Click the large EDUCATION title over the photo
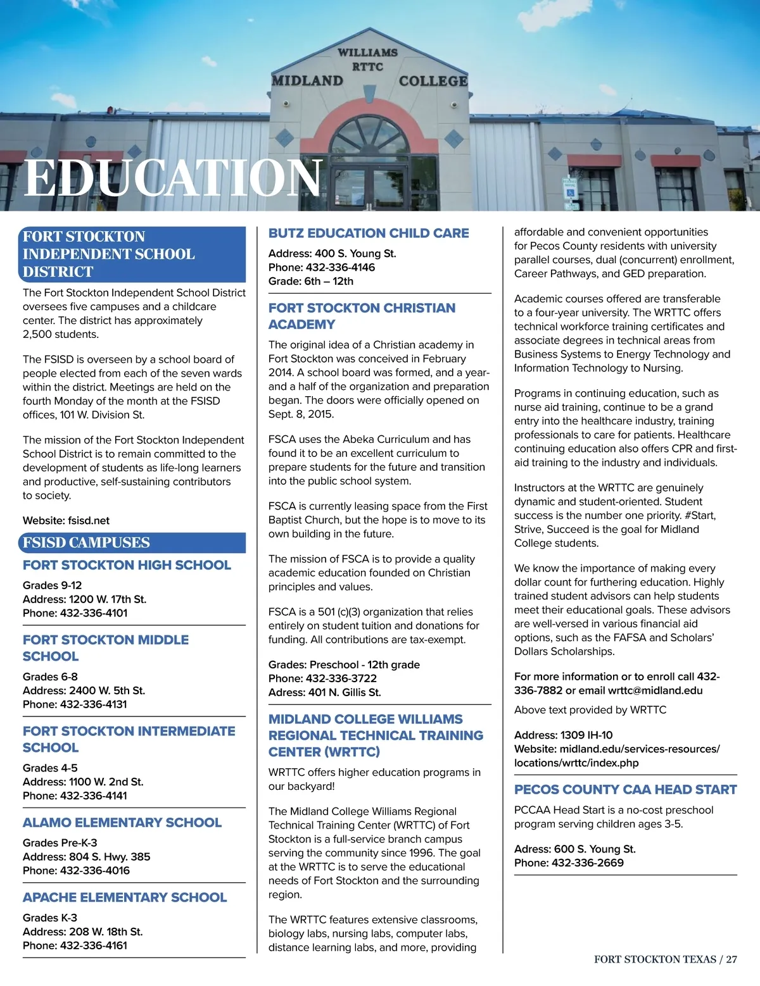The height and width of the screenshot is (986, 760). [x=173, y=178]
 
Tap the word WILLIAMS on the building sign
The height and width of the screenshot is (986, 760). [x=367, y=53]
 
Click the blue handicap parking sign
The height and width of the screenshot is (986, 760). [x=570, y=190]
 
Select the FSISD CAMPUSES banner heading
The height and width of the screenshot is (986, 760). [x=86, y=542]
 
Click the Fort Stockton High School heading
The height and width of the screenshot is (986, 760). [x=127, y=565]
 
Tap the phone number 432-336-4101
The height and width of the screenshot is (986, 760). [x=93, y=613]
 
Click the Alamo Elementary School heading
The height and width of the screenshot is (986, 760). [x=122, y=823]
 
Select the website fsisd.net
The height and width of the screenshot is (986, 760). [x=89, y=521]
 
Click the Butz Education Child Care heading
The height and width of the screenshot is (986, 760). [x=369, y=233]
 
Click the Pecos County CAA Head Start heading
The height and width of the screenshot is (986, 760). [x=625, y=790]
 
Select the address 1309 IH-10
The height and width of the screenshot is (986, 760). [x=586, y=735]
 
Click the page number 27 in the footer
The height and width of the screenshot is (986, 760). [x=731, y=959]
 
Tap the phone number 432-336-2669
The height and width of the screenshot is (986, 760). [x=588, y=863]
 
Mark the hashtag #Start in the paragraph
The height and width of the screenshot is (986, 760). [x=700, y=515]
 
